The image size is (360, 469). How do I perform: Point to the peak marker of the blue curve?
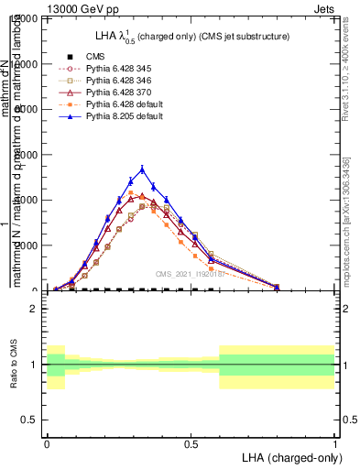[142, 169]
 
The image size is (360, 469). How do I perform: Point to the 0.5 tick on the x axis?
[191, 442]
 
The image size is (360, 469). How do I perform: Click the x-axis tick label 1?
[335, 442]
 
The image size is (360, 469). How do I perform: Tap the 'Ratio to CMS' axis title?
[14, 365]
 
